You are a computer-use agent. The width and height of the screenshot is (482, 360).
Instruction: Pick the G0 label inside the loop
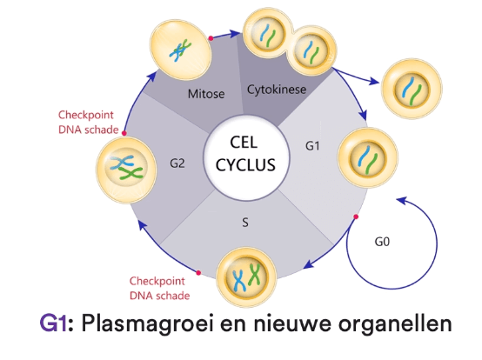384,243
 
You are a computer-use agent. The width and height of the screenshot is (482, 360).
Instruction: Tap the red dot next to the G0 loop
355,216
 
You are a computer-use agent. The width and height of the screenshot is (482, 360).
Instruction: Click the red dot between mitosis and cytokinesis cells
210,38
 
